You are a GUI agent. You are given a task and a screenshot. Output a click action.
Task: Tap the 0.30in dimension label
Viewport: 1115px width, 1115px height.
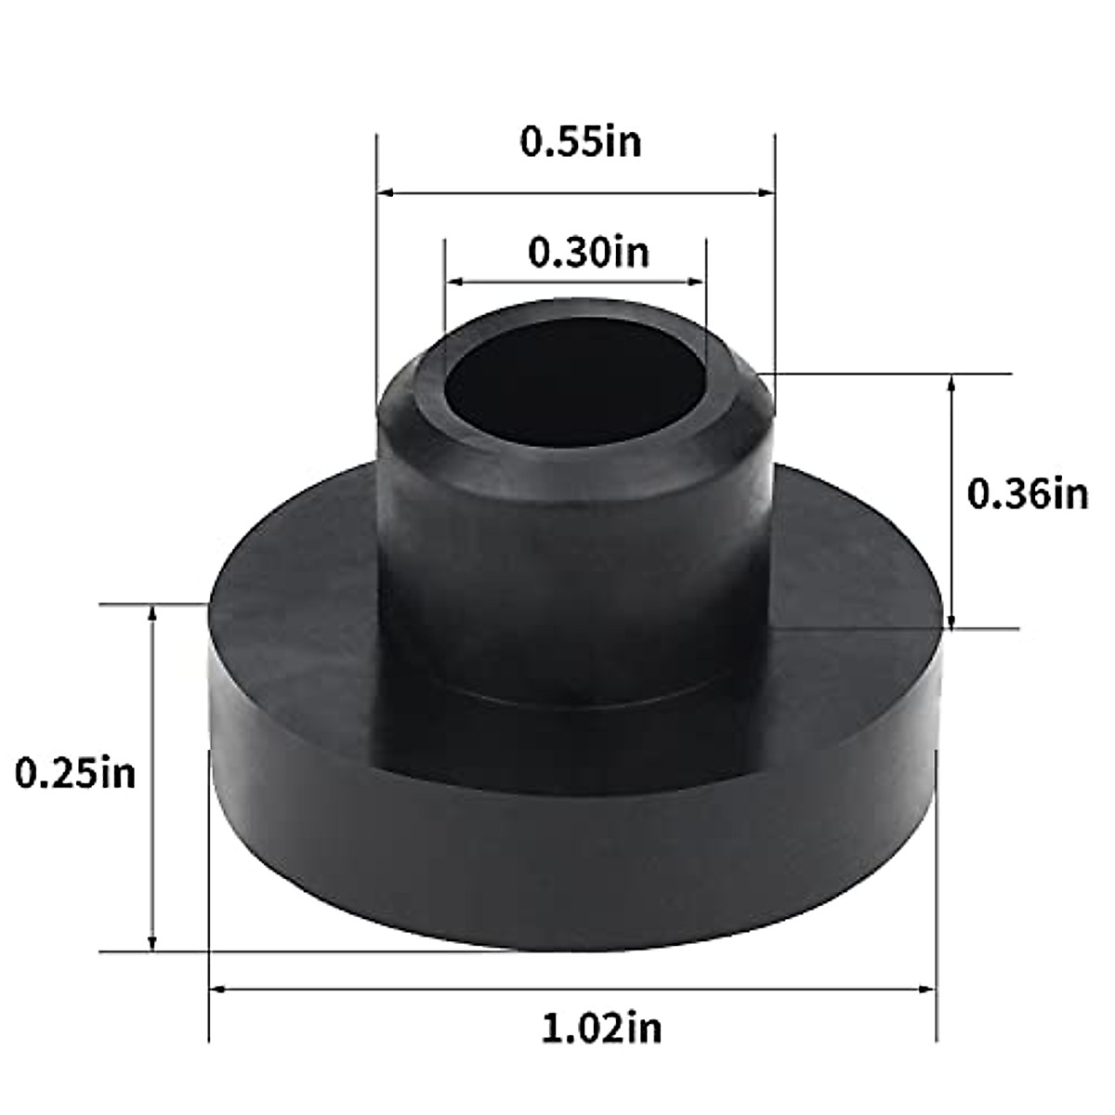click(x=588, y=252)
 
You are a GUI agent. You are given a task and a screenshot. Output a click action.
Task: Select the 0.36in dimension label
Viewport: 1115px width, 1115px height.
click(x=1027, y=493)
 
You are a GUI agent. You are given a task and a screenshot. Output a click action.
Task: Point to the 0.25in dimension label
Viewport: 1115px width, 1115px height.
click(x=75, y=773)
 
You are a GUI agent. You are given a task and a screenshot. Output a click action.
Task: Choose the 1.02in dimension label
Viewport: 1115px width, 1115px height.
click(x=601, y=1028)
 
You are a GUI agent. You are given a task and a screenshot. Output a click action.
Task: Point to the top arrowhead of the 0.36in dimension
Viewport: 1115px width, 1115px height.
click(x=951, y=382)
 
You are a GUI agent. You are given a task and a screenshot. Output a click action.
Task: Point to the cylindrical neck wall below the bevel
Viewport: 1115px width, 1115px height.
click(x=576, y=576)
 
